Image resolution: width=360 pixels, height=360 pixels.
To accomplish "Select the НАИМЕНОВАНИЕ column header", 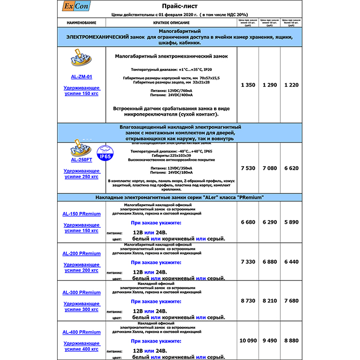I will pyautogui.click(x=81, y=23).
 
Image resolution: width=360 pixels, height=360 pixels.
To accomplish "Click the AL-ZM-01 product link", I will pyautogui.click(x=81, y=77).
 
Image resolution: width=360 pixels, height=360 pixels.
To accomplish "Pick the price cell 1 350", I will pyautogui.click(x=248, y=85).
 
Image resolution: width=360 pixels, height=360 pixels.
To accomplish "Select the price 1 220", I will pyautogui.click(x=291, y=85).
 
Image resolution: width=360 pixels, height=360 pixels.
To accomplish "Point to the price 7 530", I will pyautogui.click(x=248, y=168).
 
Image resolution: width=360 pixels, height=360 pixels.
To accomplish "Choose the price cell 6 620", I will pyautogui.click(x=291, y=168).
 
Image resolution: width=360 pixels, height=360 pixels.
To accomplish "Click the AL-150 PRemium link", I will pyautogui.click(x=81, y=213).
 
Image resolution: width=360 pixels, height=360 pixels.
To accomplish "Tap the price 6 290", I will pyautogui.click(x=269, y=222).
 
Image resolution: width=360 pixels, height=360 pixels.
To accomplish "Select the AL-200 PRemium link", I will pyautogui.click(x=81, y=253).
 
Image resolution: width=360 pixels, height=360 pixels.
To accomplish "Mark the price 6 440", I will pyautogui.click(x=291, y=262).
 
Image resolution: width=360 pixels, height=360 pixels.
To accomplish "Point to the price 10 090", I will pyautogui.click(x=248, y=340).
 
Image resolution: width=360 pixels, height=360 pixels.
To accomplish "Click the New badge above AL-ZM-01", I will pyautogui.click(x=81, y=60).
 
